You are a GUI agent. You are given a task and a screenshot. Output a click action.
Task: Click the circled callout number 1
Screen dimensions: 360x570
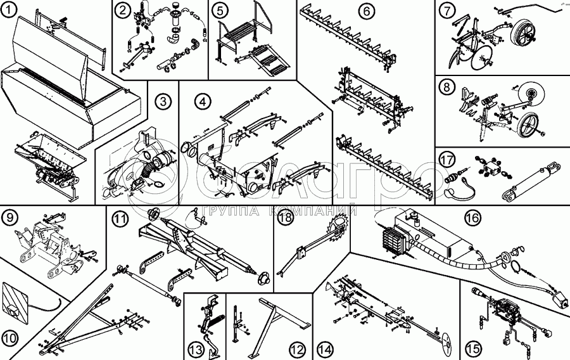[9, 10]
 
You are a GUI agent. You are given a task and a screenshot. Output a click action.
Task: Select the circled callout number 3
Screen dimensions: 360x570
[163, 101]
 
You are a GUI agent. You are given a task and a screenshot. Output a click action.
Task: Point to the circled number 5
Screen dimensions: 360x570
[219, 10]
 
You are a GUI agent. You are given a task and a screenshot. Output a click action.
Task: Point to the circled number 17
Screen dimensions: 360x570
[448, 158]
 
